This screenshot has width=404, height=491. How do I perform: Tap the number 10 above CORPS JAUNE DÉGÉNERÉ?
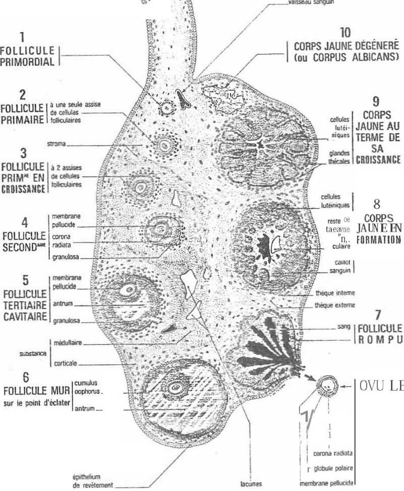(x=345, y=33)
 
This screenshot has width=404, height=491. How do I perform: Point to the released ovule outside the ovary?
(x=327, y=387)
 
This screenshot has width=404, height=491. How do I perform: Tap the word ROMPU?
(x=380, y=337)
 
